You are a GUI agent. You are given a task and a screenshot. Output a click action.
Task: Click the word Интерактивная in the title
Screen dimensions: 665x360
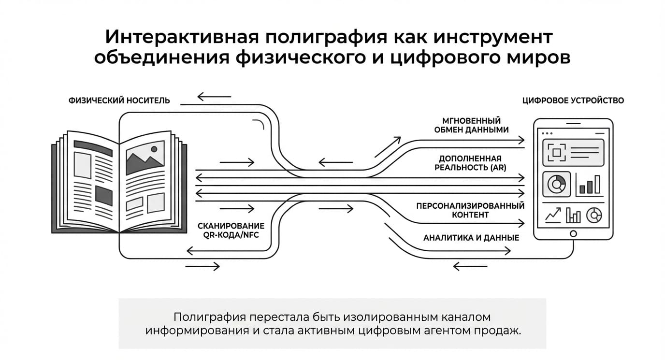pos(182,37)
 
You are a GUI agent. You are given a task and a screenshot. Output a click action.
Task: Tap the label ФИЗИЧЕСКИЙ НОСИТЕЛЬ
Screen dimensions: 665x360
pos(119,101)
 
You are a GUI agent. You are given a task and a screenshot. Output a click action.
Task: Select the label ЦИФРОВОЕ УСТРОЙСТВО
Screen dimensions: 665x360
pos(573,101)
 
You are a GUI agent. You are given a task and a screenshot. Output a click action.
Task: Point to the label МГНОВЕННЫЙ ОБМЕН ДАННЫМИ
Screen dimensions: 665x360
pos(471,125)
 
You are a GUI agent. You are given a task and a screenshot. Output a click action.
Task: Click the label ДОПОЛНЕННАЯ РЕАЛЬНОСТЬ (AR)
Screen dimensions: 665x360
pos(470,163)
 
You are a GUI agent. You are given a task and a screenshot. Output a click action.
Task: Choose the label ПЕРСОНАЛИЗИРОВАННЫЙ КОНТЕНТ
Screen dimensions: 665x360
pos(470,210)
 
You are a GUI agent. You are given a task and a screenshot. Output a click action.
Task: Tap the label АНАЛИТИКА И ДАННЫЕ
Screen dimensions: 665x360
pos(471,238)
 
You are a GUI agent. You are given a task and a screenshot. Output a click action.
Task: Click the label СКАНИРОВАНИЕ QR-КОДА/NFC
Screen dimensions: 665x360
pos(231,230)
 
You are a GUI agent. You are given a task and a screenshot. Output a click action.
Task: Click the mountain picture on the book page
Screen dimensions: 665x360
pos(145,158)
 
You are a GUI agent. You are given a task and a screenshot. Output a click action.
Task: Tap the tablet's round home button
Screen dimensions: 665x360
pos(573,234)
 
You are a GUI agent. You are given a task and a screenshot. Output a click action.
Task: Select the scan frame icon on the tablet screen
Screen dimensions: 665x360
pos(557,153)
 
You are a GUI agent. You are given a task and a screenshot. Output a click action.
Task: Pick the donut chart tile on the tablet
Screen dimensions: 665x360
pos(557,184)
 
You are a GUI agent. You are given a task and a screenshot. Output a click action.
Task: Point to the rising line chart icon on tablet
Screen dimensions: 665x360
pos(553,215)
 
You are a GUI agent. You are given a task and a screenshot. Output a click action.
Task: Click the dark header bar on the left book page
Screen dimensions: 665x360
pos(93,148)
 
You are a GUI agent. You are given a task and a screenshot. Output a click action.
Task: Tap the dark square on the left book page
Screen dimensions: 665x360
pos(103,196)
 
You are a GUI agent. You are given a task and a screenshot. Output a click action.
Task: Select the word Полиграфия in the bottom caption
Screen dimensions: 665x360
pos(210,317)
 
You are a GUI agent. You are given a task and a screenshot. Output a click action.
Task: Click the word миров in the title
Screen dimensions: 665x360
pos(538,58)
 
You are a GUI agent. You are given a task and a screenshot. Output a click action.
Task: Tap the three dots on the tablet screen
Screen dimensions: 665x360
pos(547,133)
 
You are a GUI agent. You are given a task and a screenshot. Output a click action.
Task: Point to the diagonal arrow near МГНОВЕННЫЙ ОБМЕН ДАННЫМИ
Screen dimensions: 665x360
pos(388,147)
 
